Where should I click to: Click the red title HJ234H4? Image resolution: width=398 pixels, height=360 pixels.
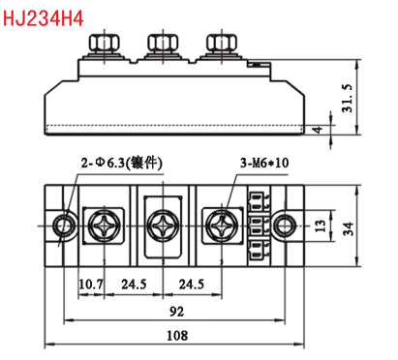[44, 18]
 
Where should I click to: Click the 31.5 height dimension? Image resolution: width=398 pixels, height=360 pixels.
[348, 98]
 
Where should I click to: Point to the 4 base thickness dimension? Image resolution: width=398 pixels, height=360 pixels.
[318, 130]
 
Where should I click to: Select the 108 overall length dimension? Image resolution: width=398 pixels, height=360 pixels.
[177, 336]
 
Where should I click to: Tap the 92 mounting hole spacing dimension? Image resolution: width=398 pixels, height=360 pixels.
[176, 312]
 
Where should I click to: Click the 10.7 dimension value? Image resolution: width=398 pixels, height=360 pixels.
[91, 285]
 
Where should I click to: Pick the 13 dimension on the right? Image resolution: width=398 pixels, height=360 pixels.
[321, 225]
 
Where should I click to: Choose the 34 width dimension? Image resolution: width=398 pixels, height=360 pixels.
[348, 228]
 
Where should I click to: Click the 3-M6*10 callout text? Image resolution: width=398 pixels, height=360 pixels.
[264, 163]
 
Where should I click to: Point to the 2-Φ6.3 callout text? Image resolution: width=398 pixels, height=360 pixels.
[122, 164]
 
